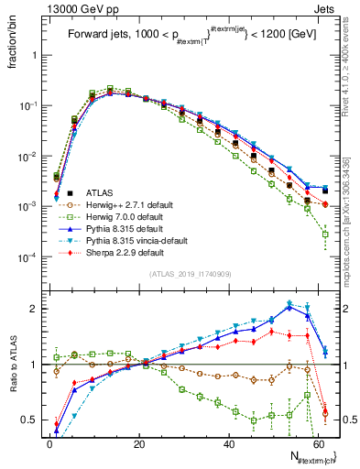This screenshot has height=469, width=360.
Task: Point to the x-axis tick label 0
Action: (x=49, y=443)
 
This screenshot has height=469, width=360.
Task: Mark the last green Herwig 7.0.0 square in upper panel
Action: (x=325, y=234)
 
